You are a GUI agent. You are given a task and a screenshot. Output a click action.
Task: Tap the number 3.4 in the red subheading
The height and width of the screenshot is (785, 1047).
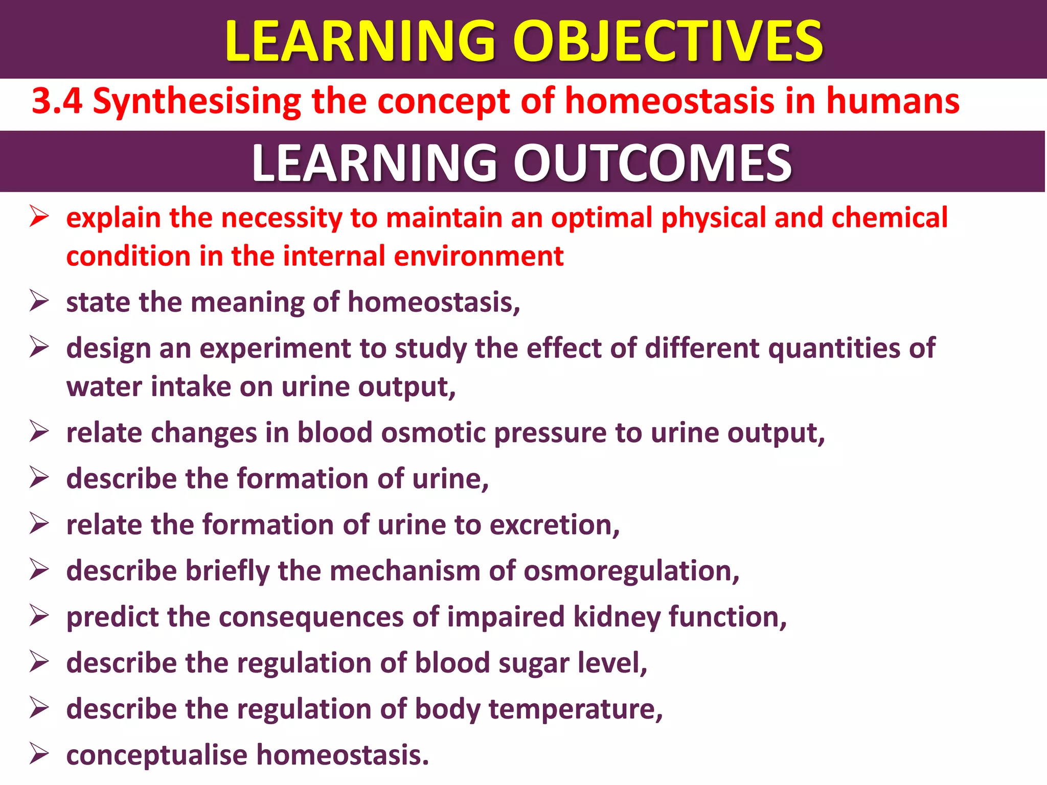coord(57,101)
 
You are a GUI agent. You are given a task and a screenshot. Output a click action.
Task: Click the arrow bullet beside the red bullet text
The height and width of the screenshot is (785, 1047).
coord(39,216)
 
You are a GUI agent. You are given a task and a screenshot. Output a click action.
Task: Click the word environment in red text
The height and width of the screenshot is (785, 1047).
coord(479,256)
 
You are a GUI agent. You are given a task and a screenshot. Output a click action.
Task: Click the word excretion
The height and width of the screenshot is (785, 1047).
coord(554,525)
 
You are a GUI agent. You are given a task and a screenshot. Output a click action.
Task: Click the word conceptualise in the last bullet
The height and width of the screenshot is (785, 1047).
coord(156,755)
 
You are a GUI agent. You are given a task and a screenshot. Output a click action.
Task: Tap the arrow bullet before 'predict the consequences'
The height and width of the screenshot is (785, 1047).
coord(39,615)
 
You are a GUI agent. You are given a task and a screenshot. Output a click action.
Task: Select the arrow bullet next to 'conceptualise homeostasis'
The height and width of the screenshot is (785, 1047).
coord(39,753)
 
